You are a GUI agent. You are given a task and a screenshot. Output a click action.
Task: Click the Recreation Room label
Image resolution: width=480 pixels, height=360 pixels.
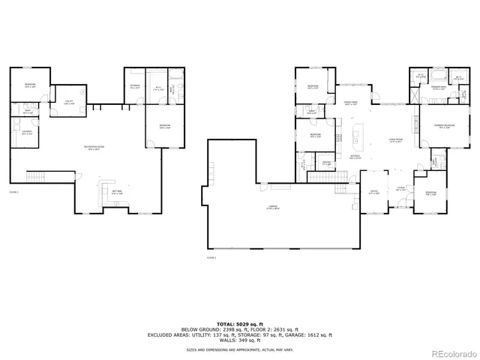tap(94, 148)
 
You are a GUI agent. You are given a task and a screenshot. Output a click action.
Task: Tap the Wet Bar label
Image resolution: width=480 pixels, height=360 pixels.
tap(118, 192)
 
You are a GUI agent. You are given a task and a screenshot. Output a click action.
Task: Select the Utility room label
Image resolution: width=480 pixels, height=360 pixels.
tap(68, 103)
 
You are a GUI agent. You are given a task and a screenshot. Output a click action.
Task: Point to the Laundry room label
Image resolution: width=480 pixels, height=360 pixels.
tap(27, 133)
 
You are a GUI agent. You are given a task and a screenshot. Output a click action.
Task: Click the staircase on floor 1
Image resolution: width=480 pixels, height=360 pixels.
tap(36, 178)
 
